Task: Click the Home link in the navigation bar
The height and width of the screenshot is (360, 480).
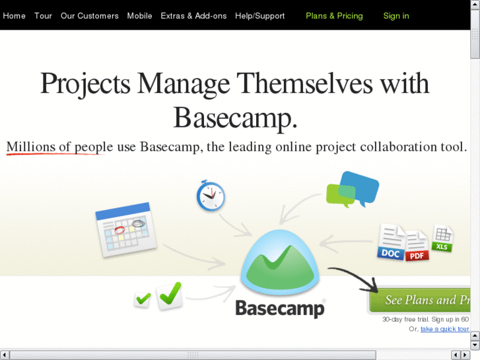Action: [x=14, y=16]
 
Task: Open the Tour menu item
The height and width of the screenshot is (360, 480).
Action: [x=43, y=16]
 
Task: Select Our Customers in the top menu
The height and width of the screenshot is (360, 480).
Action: [x=89, y=16]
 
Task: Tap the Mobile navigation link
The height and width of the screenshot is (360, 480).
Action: [x=139, y=16]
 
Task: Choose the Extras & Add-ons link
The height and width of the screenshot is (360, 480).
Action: [x=193, y=16]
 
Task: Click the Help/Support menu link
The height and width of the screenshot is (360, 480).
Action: [x=260, y=16]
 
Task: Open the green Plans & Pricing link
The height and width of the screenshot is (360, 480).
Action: [x=334, y=16]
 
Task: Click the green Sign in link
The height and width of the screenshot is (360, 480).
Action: [x=396, y=16]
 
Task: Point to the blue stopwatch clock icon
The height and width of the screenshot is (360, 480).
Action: [x=211, y=196]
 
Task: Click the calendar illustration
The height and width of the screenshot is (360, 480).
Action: [x=126, y=230]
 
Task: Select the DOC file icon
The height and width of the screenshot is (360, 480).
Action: [x=392, y=242]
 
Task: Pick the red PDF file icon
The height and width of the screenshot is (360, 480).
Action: [x=417, y=246]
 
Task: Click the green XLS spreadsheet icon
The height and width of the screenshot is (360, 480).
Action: [x=442, y=238]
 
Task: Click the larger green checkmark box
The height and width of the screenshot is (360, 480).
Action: [x=170, y=295]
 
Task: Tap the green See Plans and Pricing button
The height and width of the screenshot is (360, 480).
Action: [x=420, y=300]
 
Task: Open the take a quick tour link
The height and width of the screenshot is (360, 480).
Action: [x=445, y=329]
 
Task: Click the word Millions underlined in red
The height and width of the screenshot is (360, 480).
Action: [x=30, y=147]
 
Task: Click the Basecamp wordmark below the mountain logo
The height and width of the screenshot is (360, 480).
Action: [x=280, y=308]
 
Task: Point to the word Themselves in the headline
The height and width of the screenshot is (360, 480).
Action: [x=304, y=83]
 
